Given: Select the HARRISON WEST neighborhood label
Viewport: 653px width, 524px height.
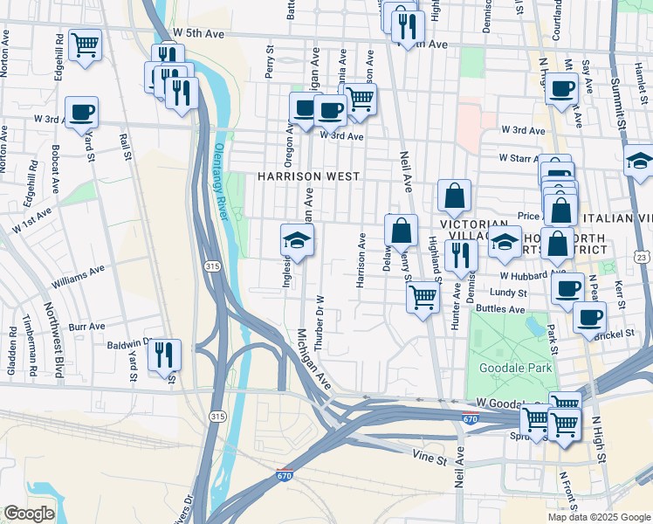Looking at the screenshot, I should (308, 176).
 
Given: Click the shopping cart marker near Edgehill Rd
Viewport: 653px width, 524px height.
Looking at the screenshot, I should (85, 45).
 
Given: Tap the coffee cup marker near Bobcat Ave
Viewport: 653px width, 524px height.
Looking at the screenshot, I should (81, 113).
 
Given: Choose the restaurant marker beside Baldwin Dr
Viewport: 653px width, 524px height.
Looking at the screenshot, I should (164, 355).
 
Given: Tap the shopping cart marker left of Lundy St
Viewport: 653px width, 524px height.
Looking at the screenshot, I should (423, 297).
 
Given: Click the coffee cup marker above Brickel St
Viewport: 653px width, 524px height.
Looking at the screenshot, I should (590, 317).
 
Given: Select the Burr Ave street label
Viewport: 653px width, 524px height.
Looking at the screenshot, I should (86, 326).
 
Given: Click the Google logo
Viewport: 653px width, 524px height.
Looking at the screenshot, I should (29, 514).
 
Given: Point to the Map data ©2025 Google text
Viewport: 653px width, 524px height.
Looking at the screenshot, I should (598, 517).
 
